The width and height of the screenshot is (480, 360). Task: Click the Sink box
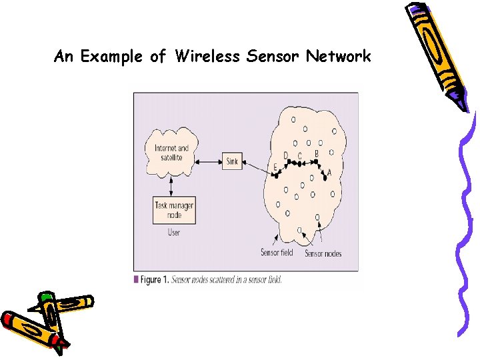click(x=232, y=161)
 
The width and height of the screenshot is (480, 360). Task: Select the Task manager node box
click(x=174, y=210)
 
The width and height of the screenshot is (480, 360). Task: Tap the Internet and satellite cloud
click(x=172, y=153)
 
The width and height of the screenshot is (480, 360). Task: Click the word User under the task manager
click(x=174, y=233)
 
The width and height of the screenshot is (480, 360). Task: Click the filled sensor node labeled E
click(x=275, y=175)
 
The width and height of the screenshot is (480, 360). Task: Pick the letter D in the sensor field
click(x=286, y=156)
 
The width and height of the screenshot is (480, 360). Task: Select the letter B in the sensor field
click(x=317, y=154)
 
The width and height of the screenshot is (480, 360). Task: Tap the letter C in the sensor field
click(x=300, y=157)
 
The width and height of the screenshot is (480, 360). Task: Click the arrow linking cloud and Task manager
click(x=173, y=186)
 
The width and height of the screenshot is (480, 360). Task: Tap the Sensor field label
click(x=277, y=252)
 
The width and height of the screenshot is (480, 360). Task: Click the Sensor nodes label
click(x=323, y=253)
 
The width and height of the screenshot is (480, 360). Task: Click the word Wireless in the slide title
click(x=207, y=57)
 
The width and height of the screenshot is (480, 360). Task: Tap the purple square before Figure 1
click(x=137, y=279)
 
